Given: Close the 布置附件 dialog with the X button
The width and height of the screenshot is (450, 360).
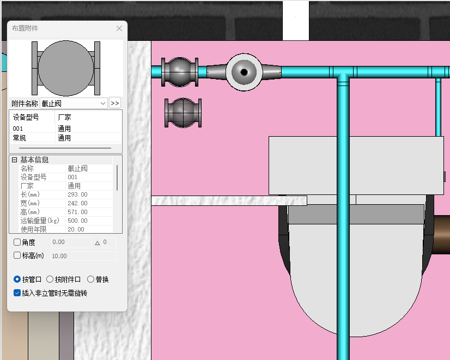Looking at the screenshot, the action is [119, 28].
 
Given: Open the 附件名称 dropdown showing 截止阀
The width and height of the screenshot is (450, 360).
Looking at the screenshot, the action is [74, 103].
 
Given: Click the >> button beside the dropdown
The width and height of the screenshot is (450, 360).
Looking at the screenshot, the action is [115, 103].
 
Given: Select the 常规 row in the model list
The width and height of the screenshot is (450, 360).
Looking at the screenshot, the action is [19, 138].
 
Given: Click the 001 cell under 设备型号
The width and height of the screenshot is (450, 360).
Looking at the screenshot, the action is [18, 129].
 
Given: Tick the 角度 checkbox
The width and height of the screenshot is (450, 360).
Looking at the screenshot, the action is [17, 242].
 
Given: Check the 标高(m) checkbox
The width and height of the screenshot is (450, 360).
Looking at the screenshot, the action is [17, 255].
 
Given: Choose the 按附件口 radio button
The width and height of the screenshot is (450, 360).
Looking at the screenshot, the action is [50, 279].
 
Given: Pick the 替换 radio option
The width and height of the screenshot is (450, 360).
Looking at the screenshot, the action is [90, 279].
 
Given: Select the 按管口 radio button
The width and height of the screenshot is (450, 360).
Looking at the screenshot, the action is [17, 279].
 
